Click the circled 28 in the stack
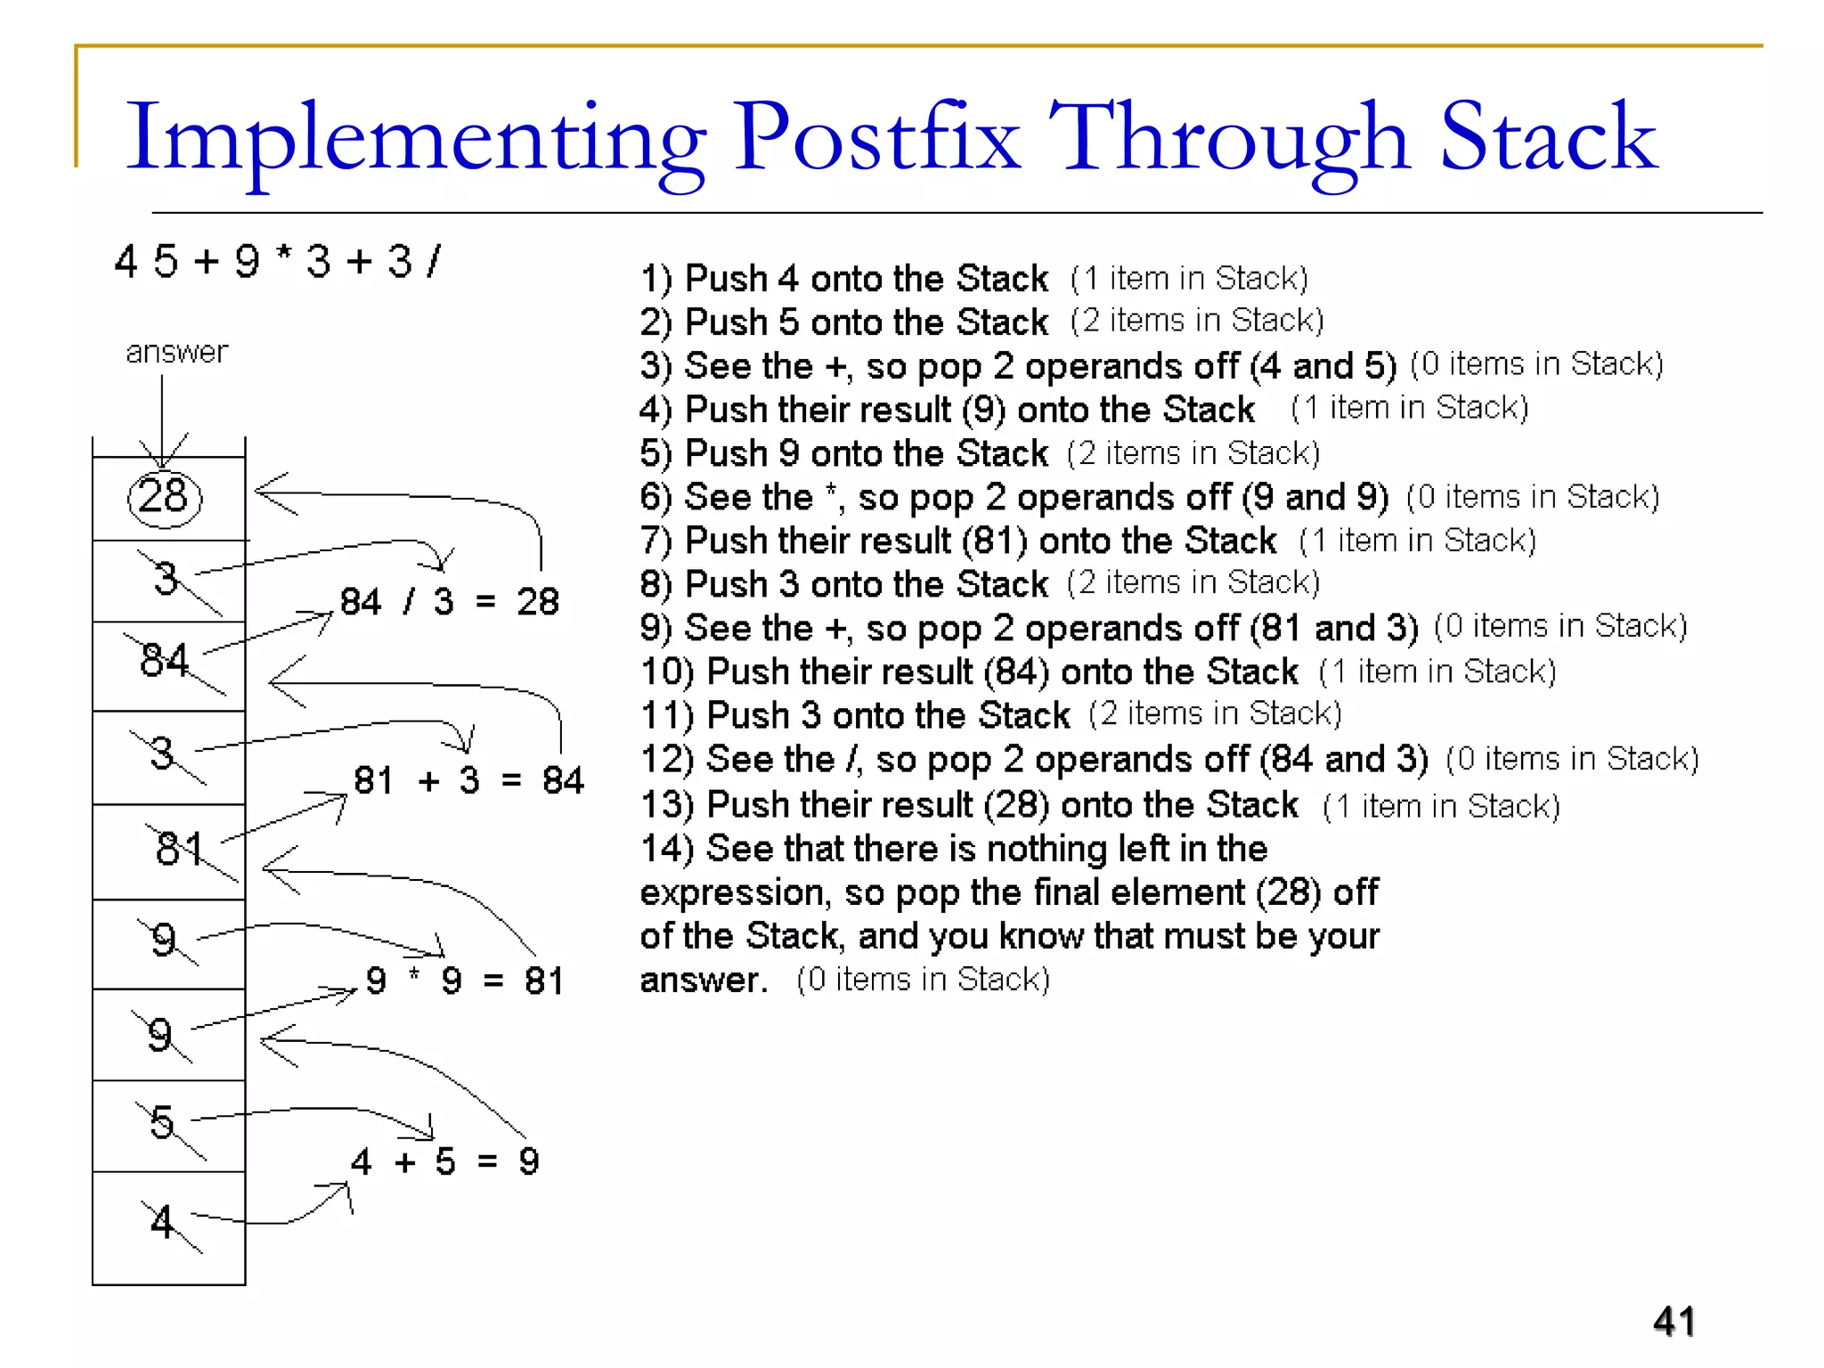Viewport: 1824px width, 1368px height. click(165, 497)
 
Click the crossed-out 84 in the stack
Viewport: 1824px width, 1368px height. click(166, 661)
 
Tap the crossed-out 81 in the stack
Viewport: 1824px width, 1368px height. click(180, 848)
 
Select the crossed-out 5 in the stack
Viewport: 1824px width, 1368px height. click(162, 1122)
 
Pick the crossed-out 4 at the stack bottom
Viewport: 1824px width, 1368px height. click(162, 1222)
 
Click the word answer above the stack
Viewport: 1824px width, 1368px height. click(176, 352)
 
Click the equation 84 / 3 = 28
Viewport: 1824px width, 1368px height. click(449, 602)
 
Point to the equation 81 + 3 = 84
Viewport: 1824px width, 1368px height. click(468, 781)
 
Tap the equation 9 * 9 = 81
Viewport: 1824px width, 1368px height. click(464, 981)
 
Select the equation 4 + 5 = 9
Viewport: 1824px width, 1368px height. click(444, 1162)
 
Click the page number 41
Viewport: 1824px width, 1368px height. click(1673, 1321)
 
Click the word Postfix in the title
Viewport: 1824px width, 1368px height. click(876, 138)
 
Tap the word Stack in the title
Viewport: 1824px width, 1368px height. click(1548, 138)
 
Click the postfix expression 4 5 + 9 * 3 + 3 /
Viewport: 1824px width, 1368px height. click(277, 262)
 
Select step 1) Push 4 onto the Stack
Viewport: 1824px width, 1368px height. click(843, 279)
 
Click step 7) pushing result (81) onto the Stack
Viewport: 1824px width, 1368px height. click(958, 541)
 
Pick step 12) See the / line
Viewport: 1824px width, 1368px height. click(1033, 760)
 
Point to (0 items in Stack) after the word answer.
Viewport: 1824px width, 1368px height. click(923, 980)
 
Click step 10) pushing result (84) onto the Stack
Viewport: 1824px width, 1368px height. click(969, 672)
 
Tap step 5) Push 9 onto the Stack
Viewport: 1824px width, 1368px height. click(843, 453)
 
